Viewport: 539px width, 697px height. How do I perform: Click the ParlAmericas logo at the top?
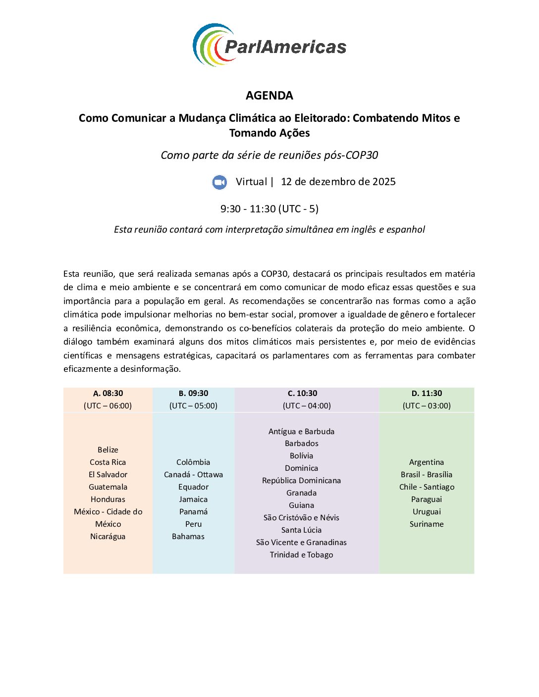pos(269,45)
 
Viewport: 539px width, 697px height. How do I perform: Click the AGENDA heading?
pos(269,95)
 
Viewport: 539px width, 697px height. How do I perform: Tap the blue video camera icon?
pos(219,182)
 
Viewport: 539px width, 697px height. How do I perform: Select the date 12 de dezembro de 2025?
pos(338,182)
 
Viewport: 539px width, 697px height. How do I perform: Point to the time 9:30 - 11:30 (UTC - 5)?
pos(269,209)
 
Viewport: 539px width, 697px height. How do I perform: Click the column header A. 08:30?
pos(108,394)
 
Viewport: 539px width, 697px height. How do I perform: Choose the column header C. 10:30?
pos(302,394)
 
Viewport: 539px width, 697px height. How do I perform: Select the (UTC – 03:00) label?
pos(427,406)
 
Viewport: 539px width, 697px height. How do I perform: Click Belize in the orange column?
pos(108,450)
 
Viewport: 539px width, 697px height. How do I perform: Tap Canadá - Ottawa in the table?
pos(193,475)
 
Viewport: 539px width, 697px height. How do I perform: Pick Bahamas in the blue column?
pos(188,537)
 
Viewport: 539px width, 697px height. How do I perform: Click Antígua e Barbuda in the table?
pos(301,432)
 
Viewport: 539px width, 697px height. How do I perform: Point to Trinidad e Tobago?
pos(301,555)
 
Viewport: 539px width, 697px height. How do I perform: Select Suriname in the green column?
pos(427,524)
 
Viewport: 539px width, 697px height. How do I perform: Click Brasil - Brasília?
pos(427,475)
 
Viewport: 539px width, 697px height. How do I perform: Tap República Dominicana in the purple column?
pos(301,481)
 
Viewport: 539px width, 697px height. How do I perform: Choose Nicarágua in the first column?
pos(108,537)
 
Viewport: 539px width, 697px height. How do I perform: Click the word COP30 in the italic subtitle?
pos(362,155)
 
